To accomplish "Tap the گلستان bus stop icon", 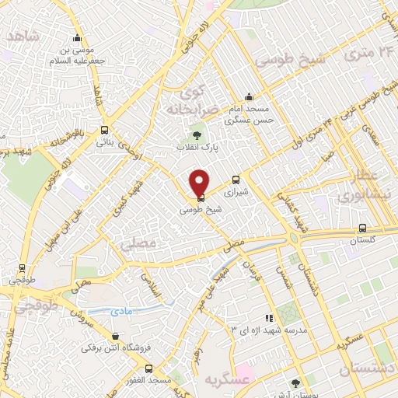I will (x=362, y=228).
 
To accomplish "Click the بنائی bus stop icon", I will (x=105, y=131).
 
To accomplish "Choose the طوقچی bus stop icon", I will (x=21, y=265).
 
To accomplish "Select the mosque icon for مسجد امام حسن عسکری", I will (x=249, y=97).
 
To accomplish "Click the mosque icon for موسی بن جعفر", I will (x=76, y=37).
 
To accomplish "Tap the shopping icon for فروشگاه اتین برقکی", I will (x=116, y=337).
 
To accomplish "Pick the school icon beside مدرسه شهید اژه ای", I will (x=269, y=317).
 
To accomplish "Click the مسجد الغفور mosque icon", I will (x=148, y=368).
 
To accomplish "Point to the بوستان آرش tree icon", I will (x=295, y=382).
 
